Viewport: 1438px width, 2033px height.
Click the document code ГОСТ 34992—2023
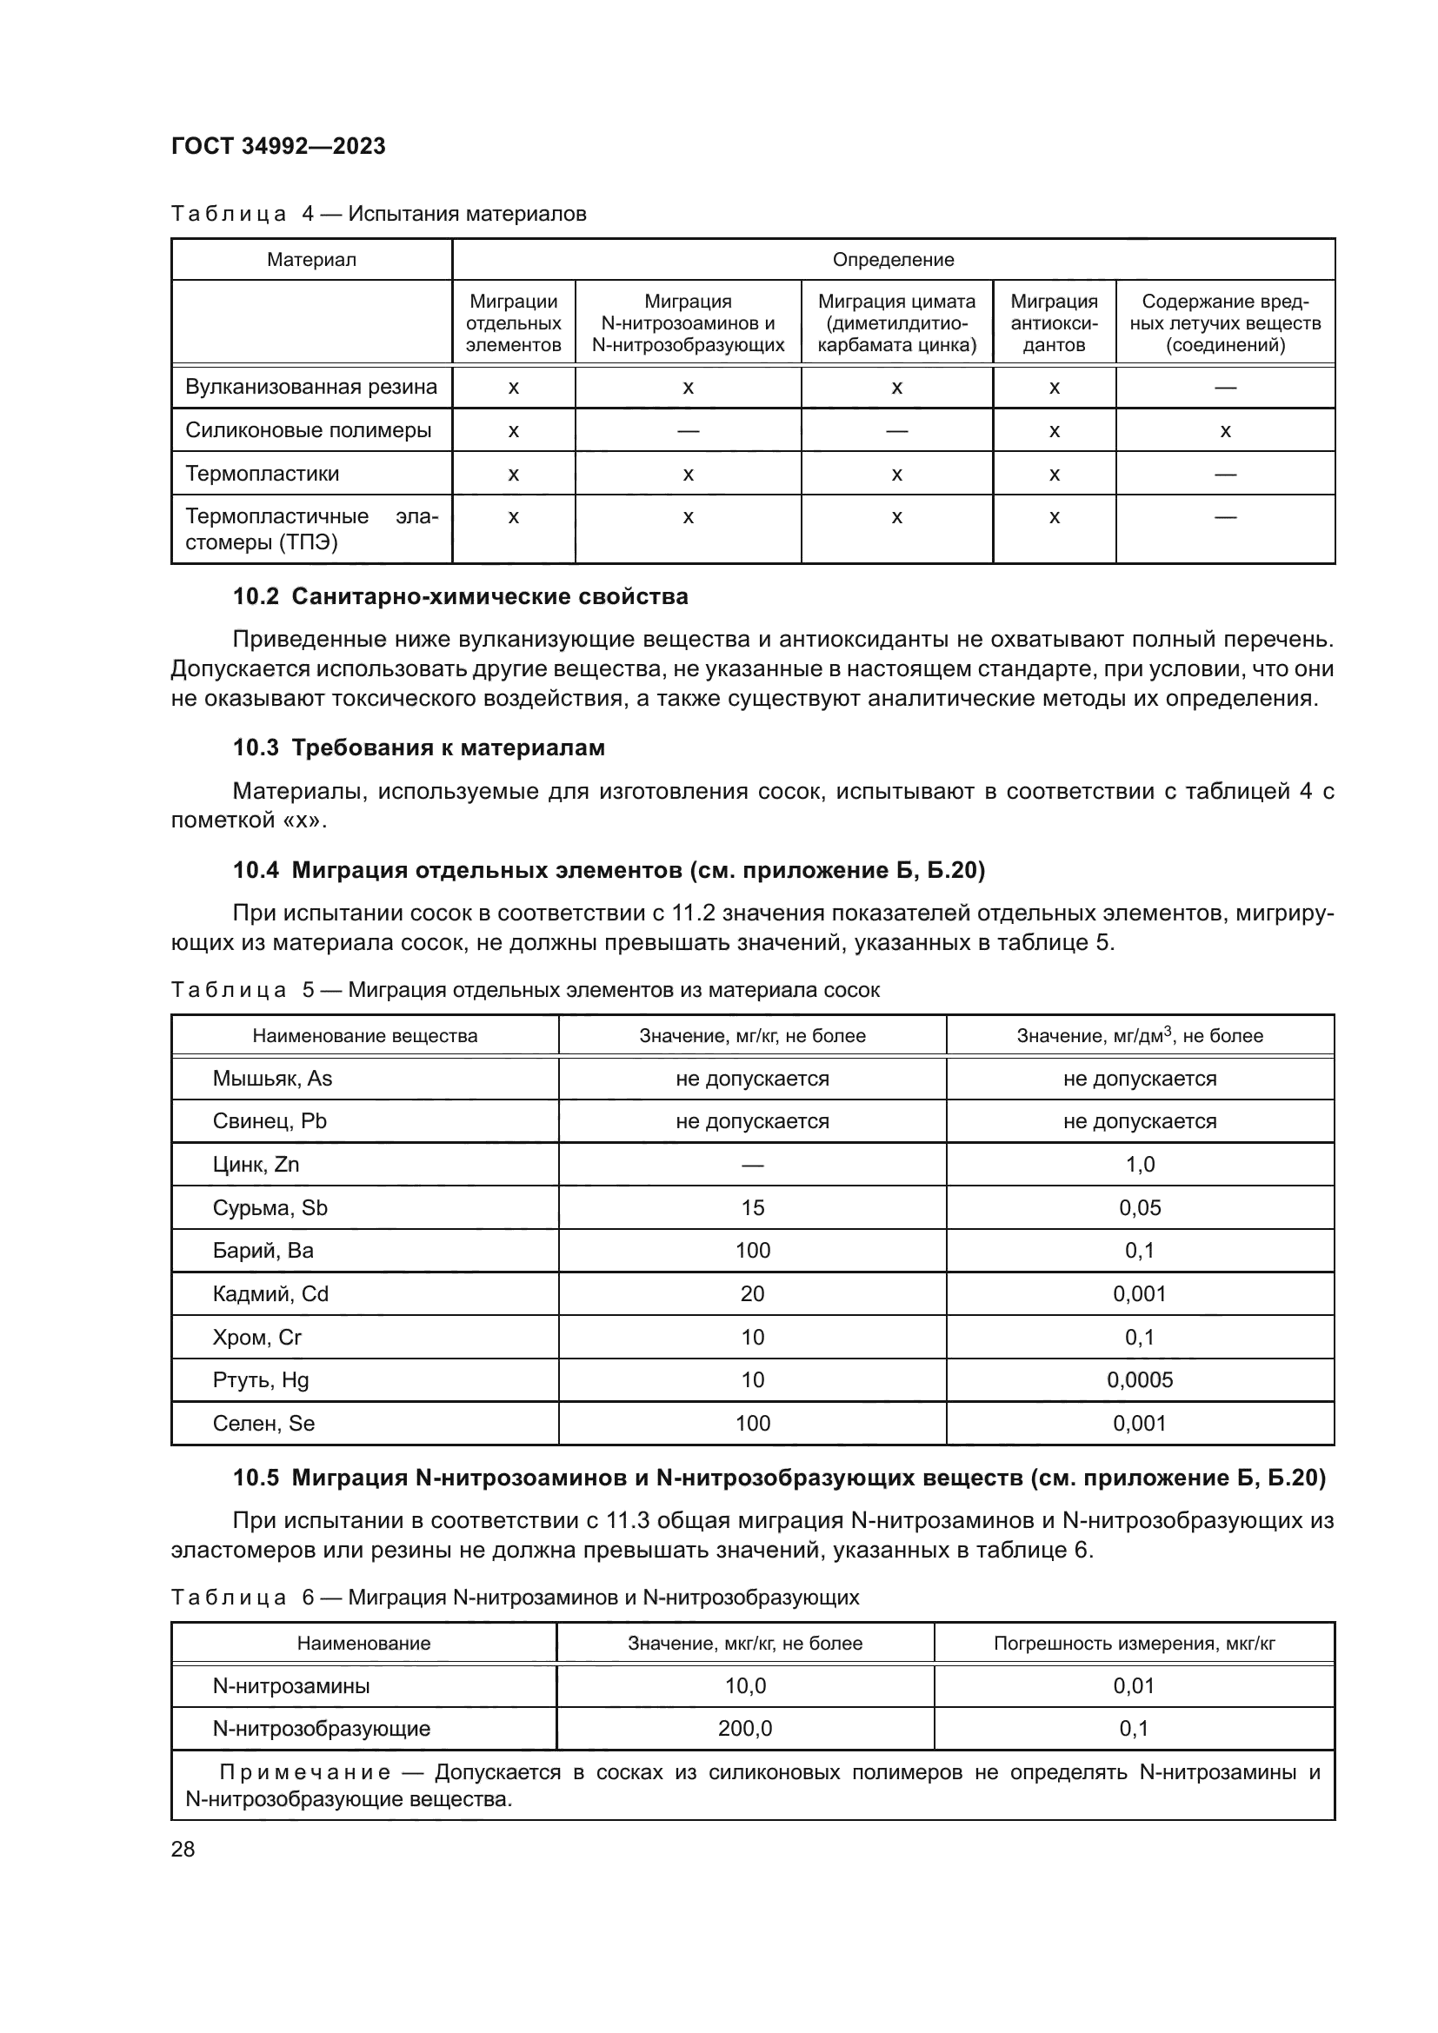coord(278,146)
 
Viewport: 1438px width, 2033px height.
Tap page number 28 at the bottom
coord(183,1849)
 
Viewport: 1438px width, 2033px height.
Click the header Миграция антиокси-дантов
coord(1054,323)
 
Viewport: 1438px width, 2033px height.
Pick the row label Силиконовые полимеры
coord(308,430)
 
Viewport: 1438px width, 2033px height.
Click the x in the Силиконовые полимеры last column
coord(1225,431)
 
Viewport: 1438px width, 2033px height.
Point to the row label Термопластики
coord(262,474)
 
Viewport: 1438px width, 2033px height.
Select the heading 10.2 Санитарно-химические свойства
coord(461,597)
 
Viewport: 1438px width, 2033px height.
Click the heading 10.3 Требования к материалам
coord(419,748)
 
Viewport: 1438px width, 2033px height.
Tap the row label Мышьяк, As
coord(272,1079)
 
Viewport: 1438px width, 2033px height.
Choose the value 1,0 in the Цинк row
coord(1140,1165)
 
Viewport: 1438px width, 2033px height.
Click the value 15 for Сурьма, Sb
coord(752,1208)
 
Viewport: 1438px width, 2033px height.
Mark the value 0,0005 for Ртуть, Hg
coord(1140,1379)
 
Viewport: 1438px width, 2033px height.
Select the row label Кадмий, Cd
coord(270,1293)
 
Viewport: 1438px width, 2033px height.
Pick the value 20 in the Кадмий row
coord(752,1293)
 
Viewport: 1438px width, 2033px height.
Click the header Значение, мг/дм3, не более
coord(1140,1035)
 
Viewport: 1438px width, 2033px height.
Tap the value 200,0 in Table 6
coord(745,1729)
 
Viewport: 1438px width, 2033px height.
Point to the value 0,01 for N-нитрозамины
coord(1134,1686)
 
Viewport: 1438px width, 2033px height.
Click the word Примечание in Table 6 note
coord(304,1772)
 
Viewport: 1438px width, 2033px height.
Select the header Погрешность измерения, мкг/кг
coord(1134,1644)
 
